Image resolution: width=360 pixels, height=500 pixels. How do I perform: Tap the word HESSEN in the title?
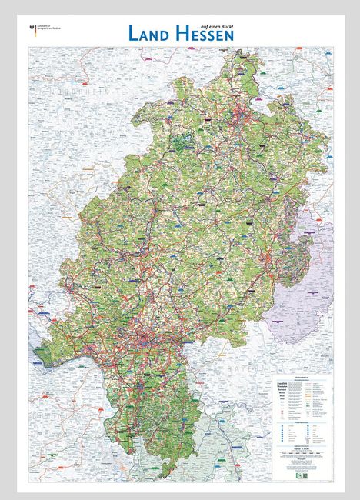pyautogui.click(x=207, y=33)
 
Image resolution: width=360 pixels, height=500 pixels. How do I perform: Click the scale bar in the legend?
pyautogui.click(x=303, y=453)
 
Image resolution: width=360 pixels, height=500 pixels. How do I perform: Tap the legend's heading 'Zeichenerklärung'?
pyautogui.click(x=304, y=376)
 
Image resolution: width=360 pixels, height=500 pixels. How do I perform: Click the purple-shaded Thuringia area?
pyautogui.click(x=304, y=292)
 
